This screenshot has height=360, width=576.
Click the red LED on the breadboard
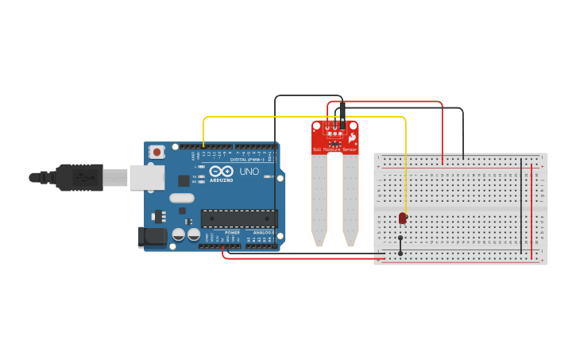click(x=403, y=217)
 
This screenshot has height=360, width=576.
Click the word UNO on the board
click(x=249, y=172)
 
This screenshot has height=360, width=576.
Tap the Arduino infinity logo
click(x=221, y=172)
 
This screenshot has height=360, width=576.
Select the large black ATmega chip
click(x=238, y=219)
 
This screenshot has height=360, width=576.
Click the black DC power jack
click(x=152, y=237)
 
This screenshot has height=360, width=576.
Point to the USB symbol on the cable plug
click(x=83, y=177)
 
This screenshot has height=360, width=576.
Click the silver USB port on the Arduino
click(x=149, y=177)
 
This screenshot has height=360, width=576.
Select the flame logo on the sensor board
click(x=351, y=137)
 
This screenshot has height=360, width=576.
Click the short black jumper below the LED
click(x=400, y=246)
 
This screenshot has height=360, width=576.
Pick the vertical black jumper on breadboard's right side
click(x=521, y=207)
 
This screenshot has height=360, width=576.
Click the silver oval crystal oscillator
click(x=181, y=198)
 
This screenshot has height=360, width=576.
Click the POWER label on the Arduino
click(x=232, y=233)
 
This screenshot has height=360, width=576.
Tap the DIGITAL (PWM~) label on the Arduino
click(x=245, y=160)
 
